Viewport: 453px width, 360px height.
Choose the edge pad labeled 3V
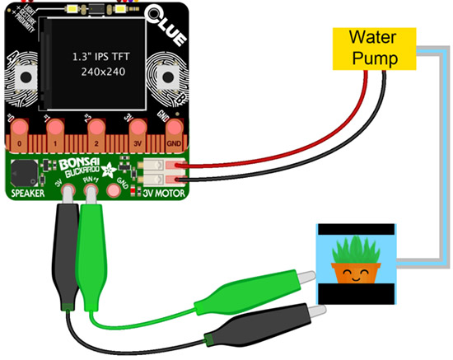tap(135, 136)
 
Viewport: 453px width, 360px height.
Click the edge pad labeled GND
tap(174, 136)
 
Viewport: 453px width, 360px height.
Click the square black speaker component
tap(26, 172)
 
